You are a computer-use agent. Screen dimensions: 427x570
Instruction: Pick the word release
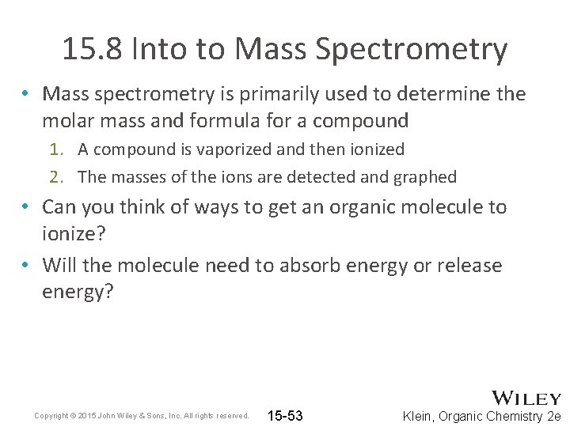coord(467,264)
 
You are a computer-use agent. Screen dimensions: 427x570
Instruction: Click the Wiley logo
coord(526,398)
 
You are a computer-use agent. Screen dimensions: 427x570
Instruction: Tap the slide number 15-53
coord(285,416)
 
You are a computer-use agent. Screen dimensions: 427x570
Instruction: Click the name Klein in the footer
coord(420,416)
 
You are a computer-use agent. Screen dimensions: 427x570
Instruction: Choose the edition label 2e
coord(554,416)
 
